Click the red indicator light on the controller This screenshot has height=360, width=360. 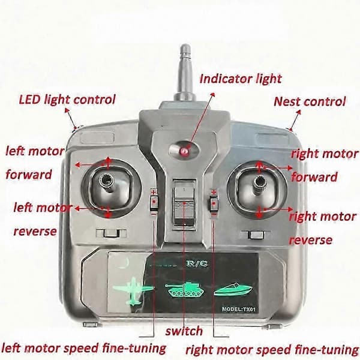184,151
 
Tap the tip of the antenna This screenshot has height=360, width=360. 185,44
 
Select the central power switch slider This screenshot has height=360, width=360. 185,202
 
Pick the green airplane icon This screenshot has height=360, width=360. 133,290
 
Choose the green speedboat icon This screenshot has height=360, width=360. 233,290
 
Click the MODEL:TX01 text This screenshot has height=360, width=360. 239,309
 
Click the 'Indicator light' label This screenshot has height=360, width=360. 241,79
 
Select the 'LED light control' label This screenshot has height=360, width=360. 67,100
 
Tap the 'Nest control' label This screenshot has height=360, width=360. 310,101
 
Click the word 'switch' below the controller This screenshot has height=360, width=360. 184,331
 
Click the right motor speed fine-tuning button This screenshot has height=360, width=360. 214,203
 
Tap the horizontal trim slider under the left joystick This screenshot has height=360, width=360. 111,233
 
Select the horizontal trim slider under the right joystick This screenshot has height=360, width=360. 256,235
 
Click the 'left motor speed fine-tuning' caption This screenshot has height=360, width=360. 84,348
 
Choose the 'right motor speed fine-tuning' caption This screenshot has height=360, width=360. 272,350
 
